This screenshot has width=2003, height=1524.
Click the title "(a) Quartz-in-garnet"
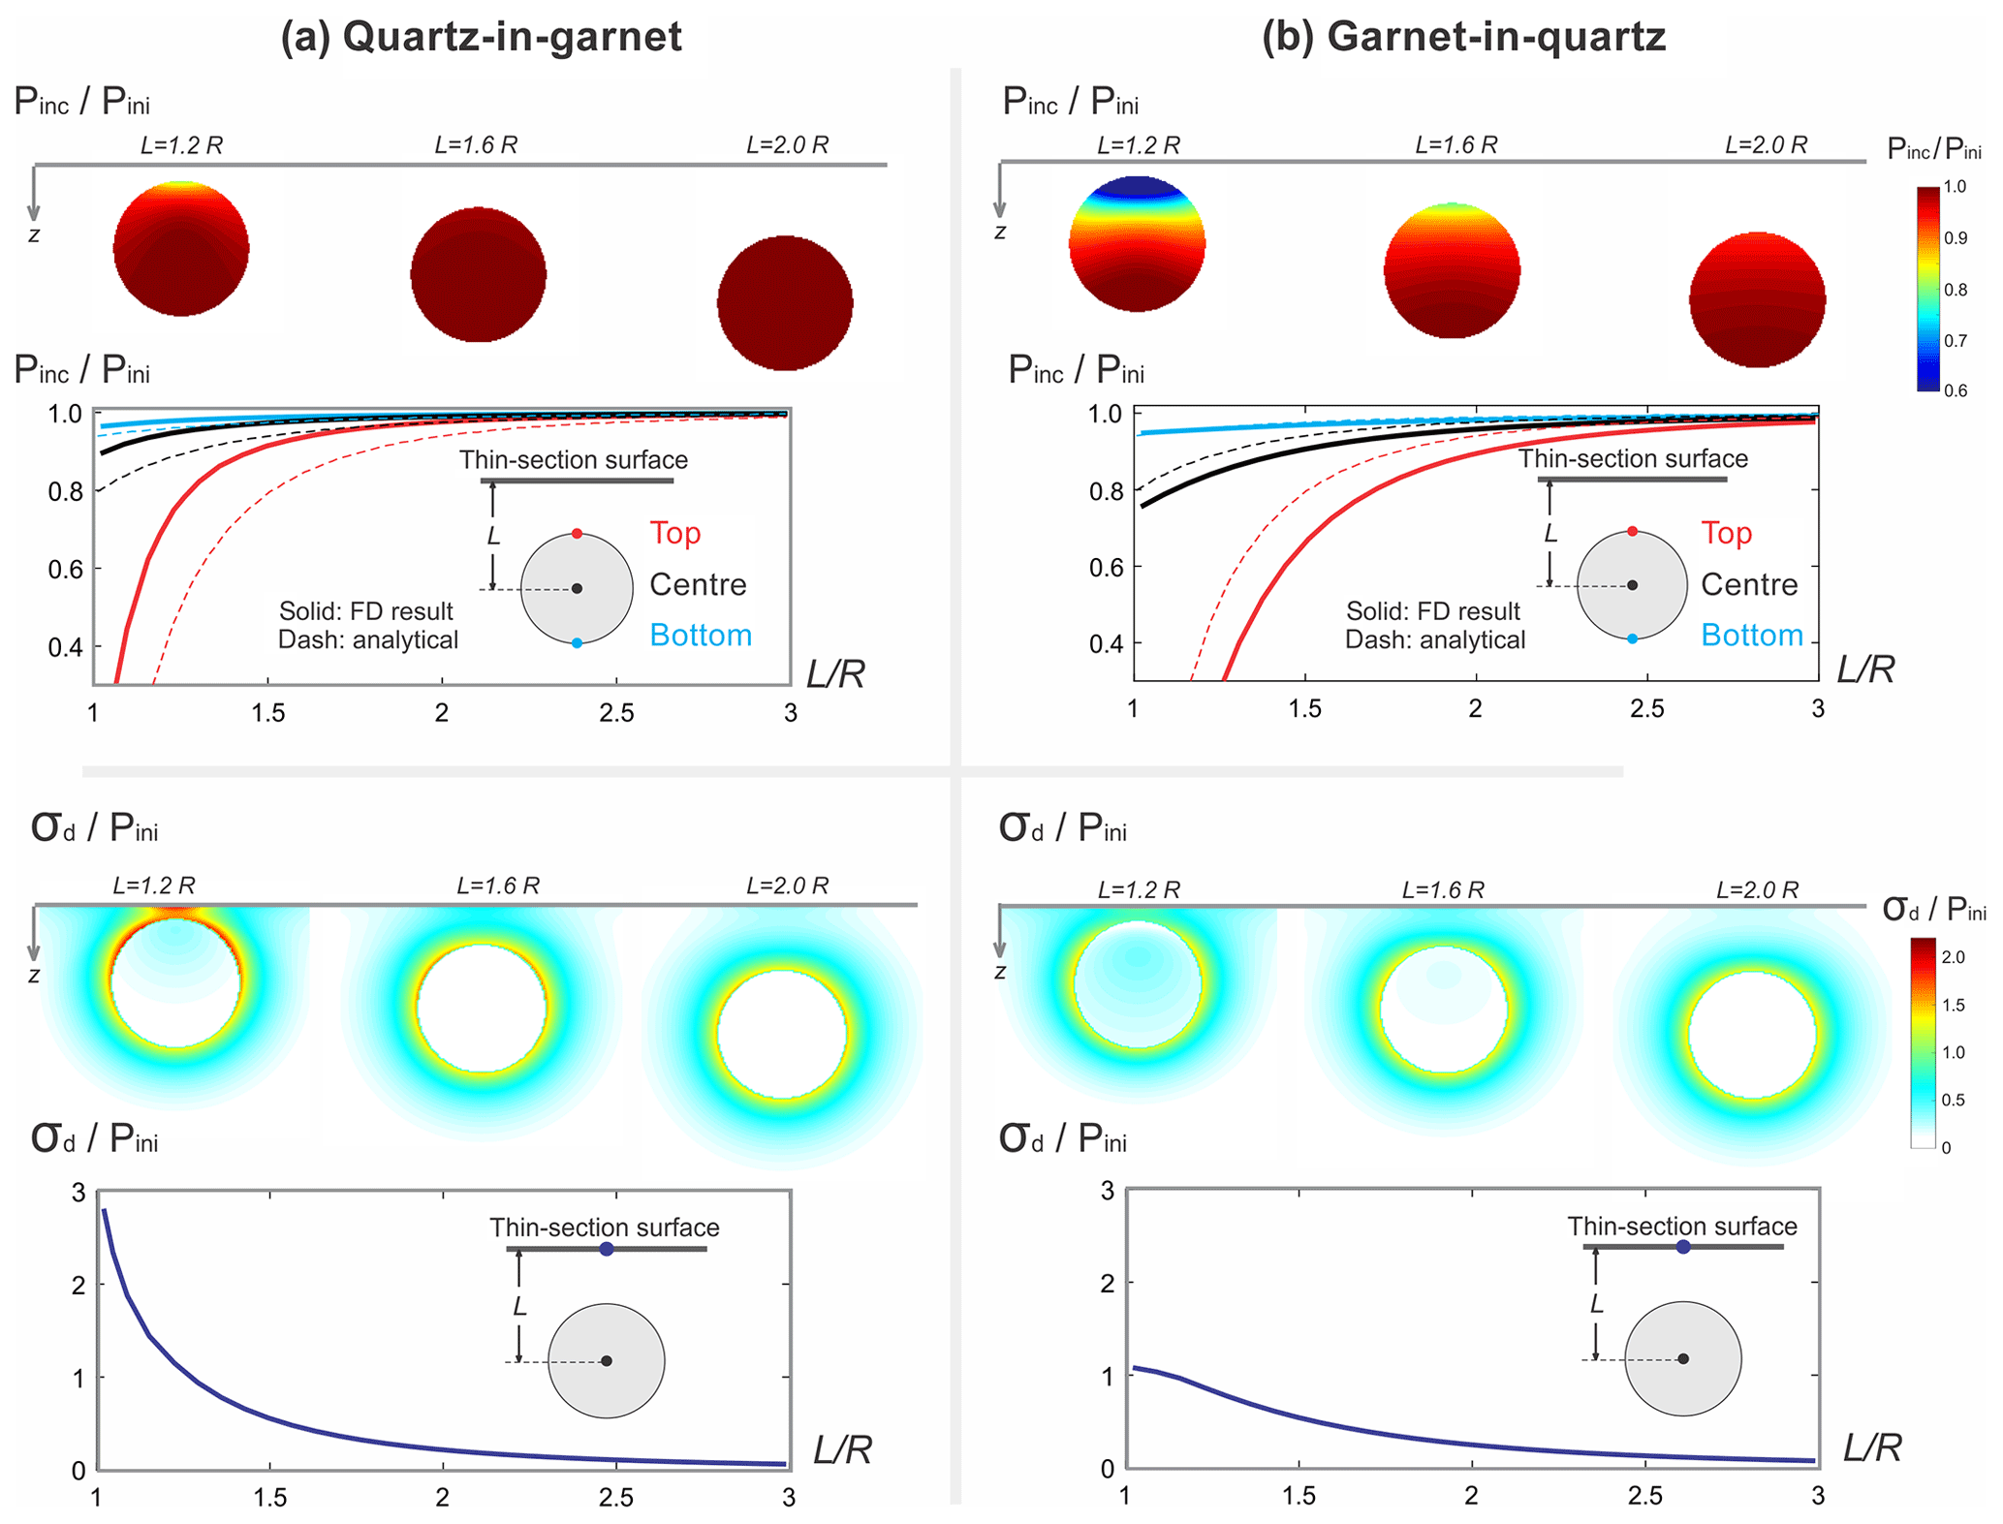481,37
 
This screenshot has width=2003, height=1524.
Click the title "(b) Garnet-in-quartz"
1463,37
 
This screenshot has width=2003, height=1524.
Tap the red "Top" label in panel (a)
675,533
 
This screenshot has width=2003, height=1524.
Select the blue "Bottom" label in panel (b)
1752,636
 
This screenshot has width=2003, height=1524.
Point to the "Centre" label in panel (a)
698,584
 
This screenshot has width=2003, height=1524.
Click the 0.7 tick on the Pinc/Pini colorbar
1956,341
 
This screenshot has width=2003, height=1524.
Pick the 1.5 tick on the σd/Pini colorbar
1954,1005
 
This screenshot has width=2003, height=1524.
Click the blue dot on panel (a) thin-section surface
607,1249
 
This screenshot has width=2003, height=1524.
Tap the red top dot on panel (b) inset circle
1633,531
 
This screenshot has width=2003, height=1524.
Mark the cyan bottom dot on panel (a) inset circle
577,643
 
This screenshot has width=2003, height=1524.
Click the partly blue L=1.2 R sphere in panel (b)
1138,244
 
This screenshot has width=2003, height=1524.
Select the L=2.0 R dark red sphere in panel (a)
785,302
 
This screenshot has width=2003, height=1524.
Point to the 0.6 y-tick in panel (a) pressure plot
66,569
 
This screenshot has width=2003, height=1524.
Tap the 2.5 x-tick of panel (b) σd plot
1645,1496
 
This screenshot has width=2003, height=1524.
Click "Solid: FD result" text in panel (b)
1433,611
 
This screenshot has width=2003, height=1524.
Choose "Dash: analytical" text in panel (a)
368,640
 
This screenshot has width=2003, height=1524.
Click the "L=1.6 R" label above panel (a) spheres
476,145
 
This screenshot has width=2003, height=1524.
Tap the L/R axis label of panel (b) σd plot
1872,1447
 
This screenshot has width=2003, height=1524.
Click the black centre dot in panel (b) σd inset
1683,1358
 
